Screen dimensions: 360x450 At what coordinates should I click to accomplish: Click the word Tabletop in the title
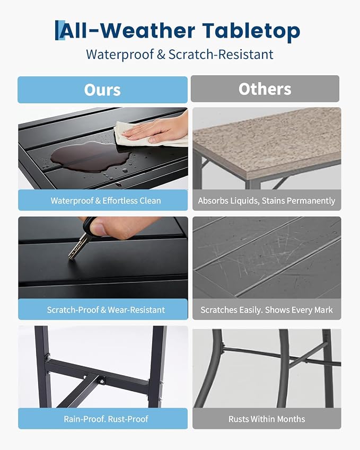(251, 31)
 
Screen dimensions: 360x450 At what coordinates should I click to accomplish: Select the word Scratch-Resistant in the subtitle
(221, 55)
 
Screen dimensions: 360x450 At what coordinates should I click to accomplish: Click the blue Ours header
(102, 90)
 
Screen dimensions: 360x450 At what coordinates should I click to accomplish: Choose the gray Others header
(265, 89)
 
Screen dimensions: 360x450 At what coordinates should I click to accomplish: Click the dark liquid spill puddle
(91, 157)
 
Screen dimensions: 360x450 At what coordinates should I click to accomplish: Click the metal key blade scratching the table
(77, 247)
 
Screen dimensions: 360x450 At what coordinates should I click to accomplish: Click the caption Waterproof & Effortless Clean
(106, 200)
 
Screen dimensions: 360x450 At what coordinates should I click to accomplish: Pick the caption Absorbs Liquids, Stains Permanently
(267, 200)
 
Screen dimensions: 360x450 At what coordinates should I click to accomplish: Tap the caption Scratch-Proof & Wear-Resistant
(106, 310)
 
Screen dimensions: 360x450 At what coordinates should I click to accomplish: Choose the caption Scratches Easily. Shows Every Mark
(267, 310)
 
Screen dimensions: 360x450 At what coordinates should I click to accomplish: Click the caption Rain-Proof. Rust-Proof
(106, 419)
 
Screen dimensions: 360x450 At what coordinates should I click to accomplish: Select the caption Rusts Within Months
(267, 419)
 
